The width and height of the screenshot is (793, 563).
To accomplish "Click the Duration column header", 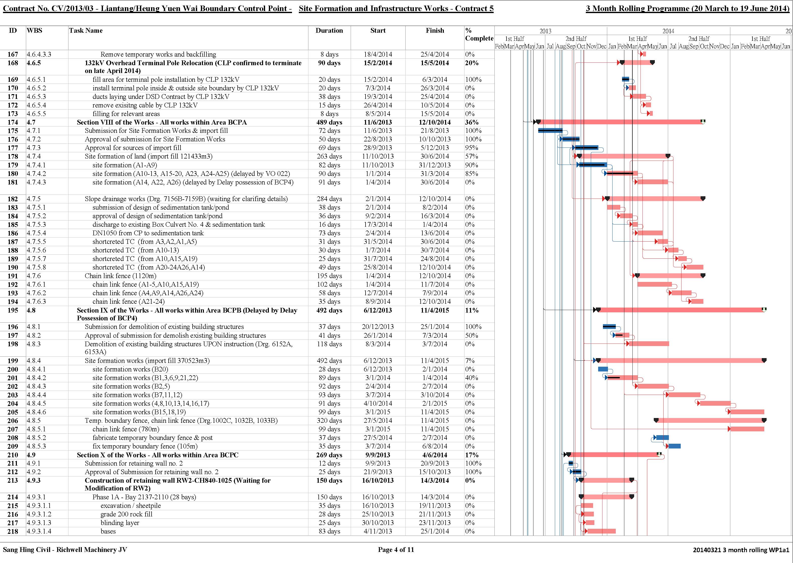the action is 329,30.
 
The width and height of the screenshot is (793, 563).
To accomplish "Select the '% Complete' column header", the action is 479,34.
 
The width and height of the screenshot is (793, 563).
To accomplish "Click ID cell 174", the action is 13,122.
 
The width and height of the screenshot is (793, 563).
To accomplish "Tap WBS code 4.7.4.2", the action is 37,174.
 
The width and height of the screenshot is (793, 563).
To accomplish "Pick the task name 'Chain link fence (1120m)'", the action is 121,276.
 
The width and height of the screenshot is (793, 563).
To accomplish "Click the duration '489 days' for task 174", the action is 329,122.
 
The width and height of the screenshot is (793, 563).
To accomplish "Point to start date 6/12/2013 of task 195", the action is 378,310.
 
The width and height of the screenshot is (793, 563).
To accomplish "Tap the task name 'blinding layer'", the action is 120,523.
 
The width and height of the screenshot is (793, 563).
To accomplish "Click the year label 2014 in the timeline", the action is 668,31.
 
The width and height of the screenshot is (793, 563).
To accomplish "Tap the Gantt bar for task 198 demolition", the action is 649,344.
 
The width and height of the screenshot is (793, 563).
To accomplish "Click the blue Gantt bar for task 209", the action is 674,446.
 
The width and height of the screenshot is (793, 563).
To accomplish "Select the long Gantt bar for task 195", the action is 681,310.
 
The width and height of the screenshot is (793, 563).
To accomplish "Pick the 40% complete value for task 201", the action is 472,378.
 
